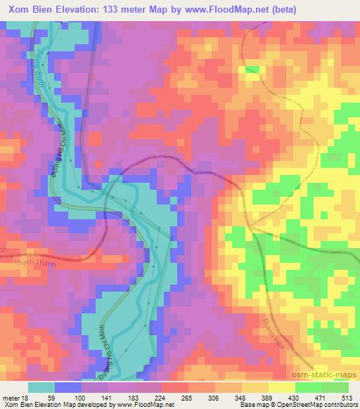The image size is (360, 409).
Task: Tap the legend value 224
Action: pos(162,397)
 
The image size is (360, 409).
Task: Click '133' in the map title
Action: pos(118,10)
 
